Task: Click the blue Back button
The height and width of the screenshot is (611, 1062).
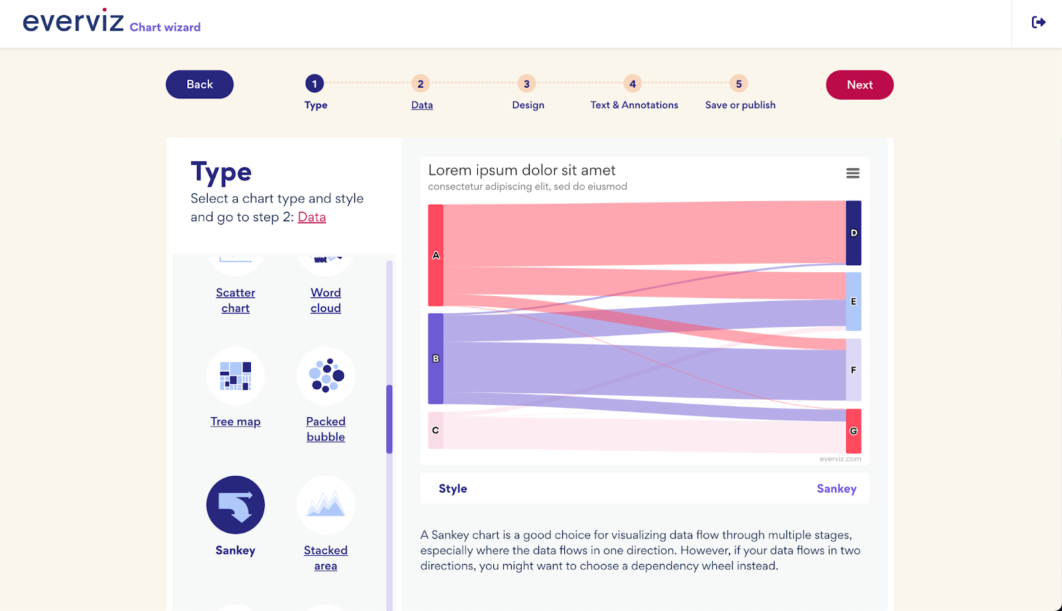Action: coord(199,84)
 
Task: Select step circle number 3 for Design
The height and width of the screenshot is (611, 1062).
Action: coord(526,84)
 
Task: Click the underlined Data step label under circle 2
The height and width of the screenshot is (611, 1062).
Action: coord(422,105)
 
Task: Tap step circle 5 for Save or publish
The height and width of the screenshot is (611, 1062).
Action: coord(739,84)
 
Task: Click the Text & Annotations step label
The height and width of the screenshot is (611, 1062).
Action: coord(634,105)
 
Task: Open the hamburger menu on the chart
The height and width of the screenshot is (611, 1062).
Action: coord(853,173)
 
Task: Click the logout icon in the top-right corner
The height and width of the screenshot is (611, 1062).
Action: coord(1039,23)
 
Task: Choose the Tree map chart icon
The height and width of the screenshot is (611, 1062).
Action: coord(236,376)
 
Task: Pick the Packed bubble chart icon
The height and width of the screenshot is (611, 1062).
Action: coord(326,376)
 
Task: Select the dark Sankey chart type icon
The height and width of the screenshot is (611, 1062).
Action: coord(236,505)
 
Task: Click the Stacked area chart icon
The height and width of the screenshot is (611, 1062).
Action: coord(326,505)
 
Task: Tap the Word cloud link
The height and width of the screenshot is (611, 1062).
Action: coord(326,300)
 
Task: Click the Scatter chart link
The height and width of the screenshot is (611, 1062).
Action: coord(236,300)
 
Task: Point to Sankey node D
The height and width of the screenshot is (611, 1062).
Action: coord(854,233)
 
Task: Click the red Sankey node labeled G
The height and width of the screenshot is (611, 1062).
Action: coord(854,431)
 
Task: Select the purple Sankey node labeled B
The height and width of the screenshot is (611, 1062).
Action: coord(435,359)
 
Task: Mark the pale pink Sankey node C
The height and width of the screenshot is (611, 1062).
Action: coord(435,430)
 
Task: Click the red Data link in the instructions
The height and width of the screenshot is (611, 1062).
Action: coord(311,217)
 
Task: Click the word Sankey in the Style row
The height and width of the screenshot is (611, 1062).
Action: coord(836,489)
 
